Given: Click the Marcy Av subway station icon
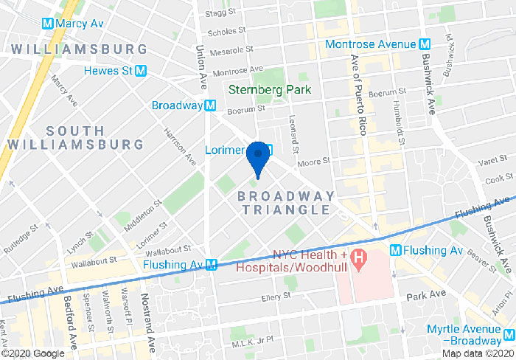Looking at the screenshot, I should click(48, 23).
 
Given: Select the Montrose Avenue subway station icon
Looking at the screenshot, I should click(425, 44).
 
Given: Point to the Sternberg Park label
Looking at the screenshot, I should click(270, 89).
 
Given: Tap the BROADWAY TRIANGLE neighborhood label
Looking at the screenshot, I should click(285, 203).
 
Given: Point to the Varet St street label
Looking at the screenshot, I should click(489, 162).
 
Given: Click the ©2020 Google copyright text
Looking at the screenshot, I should click(33, 353).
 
